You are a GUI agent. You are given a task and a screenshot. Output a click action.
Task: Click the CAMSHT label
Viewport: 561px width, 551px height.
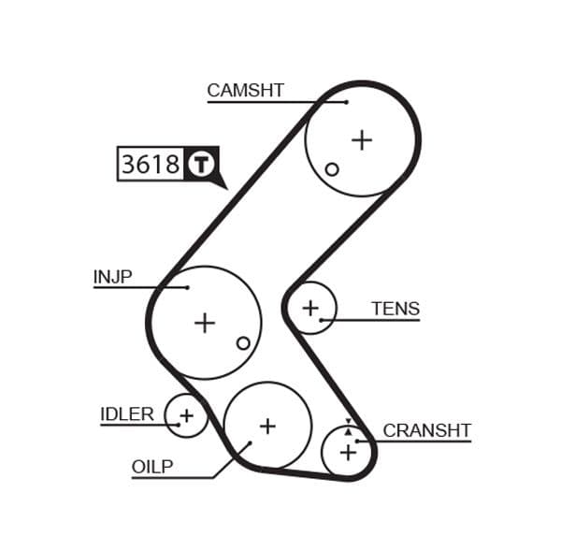(x=245, y=91)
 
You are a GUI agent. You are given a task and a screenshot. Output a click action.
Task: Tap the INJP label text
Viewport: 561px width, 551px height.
(x=112, y=277)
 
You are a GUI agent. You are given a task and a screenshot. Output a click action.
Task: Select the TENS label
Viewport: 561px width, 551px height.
(x=395, y=309)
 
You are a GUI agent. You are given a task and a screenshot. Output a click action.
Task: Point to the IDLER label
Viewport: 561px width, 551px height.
(x=126, y=413)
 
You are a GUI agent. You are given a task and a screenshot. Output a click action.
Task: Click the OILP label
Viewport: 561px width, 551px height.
(x=152, y=467)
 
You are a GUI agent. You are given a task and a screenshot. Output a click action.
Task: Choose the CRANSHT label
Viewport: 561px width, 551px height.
(x=426, y=430)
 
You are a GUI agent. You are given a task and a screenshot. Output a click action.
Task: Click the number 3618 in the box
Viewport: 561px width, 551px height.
(x=151, y=165)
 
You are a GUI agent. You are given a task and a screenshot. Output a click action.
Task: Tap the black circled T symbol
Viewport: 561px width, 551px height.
(x=201, y=165)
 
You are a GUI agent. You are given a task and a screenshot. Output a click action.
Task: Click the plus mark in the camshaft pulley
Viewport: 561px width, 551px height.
(x=361, y=140)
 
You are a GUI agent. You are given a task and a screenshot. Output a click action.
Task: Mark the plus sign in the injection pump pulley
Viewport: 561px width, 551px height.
(x=204, y=323)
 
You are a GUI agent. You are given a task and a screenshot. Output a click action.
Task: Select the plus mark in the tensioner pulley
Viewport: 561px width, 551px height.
(x=309, y=307)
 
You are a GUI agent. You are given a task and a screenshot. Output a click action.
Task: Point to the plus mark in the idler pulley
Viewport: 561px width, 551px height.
(x=186, y=415)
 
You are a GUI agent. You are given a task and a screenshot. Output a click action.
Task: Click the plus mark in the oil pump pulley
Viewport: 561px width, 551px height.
(x=267, y=426)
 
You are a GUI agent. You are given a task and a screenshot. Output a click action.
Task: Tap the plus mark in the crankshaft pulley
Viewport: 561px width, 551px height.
(x=348, y=453)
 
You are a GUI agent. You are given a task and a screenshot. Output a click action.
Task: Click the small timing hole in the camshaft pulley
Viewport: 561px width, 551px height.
(x=331, y=169)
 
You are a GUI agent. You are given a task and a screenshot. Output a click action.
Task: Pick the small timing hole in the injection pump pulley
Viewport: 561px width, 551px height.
(x=243, y=343)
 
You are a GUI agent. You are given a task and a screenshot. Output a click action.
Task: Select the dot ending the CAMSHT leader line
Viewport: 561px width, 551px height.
(x=346, y=102)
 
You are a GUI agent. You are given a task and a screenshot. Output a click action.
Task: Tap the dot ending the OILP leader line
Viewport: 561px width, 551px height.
(x=251, y=443)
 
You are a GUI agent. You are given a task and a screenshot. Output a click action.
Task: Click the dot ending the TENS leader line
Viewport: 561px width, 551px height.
(x=322, y=320)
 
